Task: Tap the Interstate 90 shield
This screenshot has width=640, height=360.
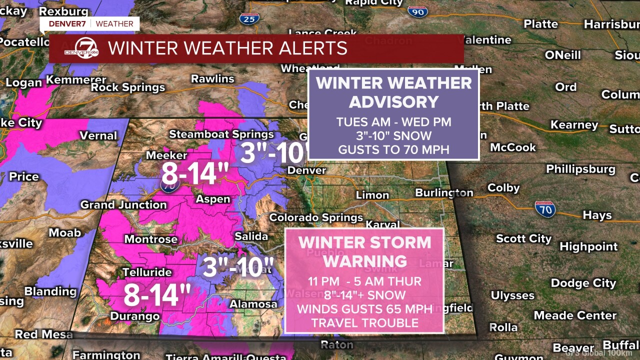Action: pyautogui.click(x=417, y=11)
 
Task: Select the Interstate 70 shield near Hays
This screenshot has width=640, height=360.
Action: pyautogui.click(x=545, y=209)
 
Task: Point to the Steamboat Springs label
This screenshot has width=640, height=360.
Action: pyautogui.click(x=221, y=134)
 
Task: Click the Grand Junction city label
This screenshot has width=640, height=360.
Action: pyautogui.click(x=123, y=204)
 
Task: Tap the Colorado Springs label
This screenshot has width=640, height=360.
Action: pyautogui.click(x=316, y=217)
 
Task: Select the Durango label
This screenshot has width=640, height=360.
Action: pyautogui.click(x=134, y=316)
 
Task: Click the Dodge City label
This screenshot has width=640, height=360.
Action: pyautogui.click(x=583, y=283)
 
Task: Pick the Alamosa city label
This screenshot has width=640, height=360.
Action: pyautogui.click(x=253, y=304)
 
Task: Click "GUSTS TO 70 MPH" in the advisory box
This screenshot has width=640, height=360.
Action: pyautogui.click(x=393, y=149)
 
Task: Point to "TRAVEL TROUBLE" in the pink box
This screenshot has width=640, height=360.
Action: pyautogui.click(x=364, y=322)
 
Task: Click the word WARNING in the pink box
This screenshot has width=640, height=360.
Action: pyautogui.click(x=364, y=261)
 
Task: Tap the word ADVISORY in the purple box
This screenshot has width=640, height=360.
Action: pyautogui.click(x=393, y=102)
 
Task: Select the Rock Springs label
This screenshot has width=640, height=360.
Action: pyautogui.click(x=128, y=88)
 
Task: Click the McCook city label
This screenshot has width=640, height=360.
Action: pyautogui.click(x=512, y=147)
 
